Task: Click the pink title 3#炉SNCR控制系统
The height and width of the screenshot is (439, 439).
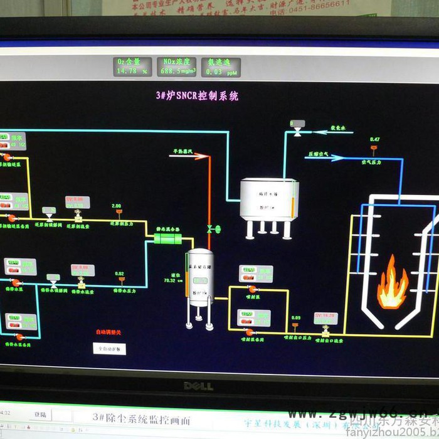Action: [197, 96]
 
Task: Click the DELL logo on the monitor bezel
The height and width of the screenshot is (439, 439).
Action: [198, 386]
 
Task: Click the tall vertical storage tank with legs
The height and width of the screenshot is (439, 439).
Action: [201, 279]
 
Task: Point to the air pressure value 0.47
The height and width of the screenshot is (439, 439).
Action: [374, 139]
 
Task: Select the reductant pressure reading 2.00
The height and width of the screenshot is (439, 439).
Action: [116, 205]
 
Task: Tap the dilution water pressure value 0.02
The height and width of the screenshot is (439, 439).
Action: [119, 273]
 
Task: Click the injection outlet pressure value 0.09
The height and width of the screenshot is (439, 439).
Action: [296, 318]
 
